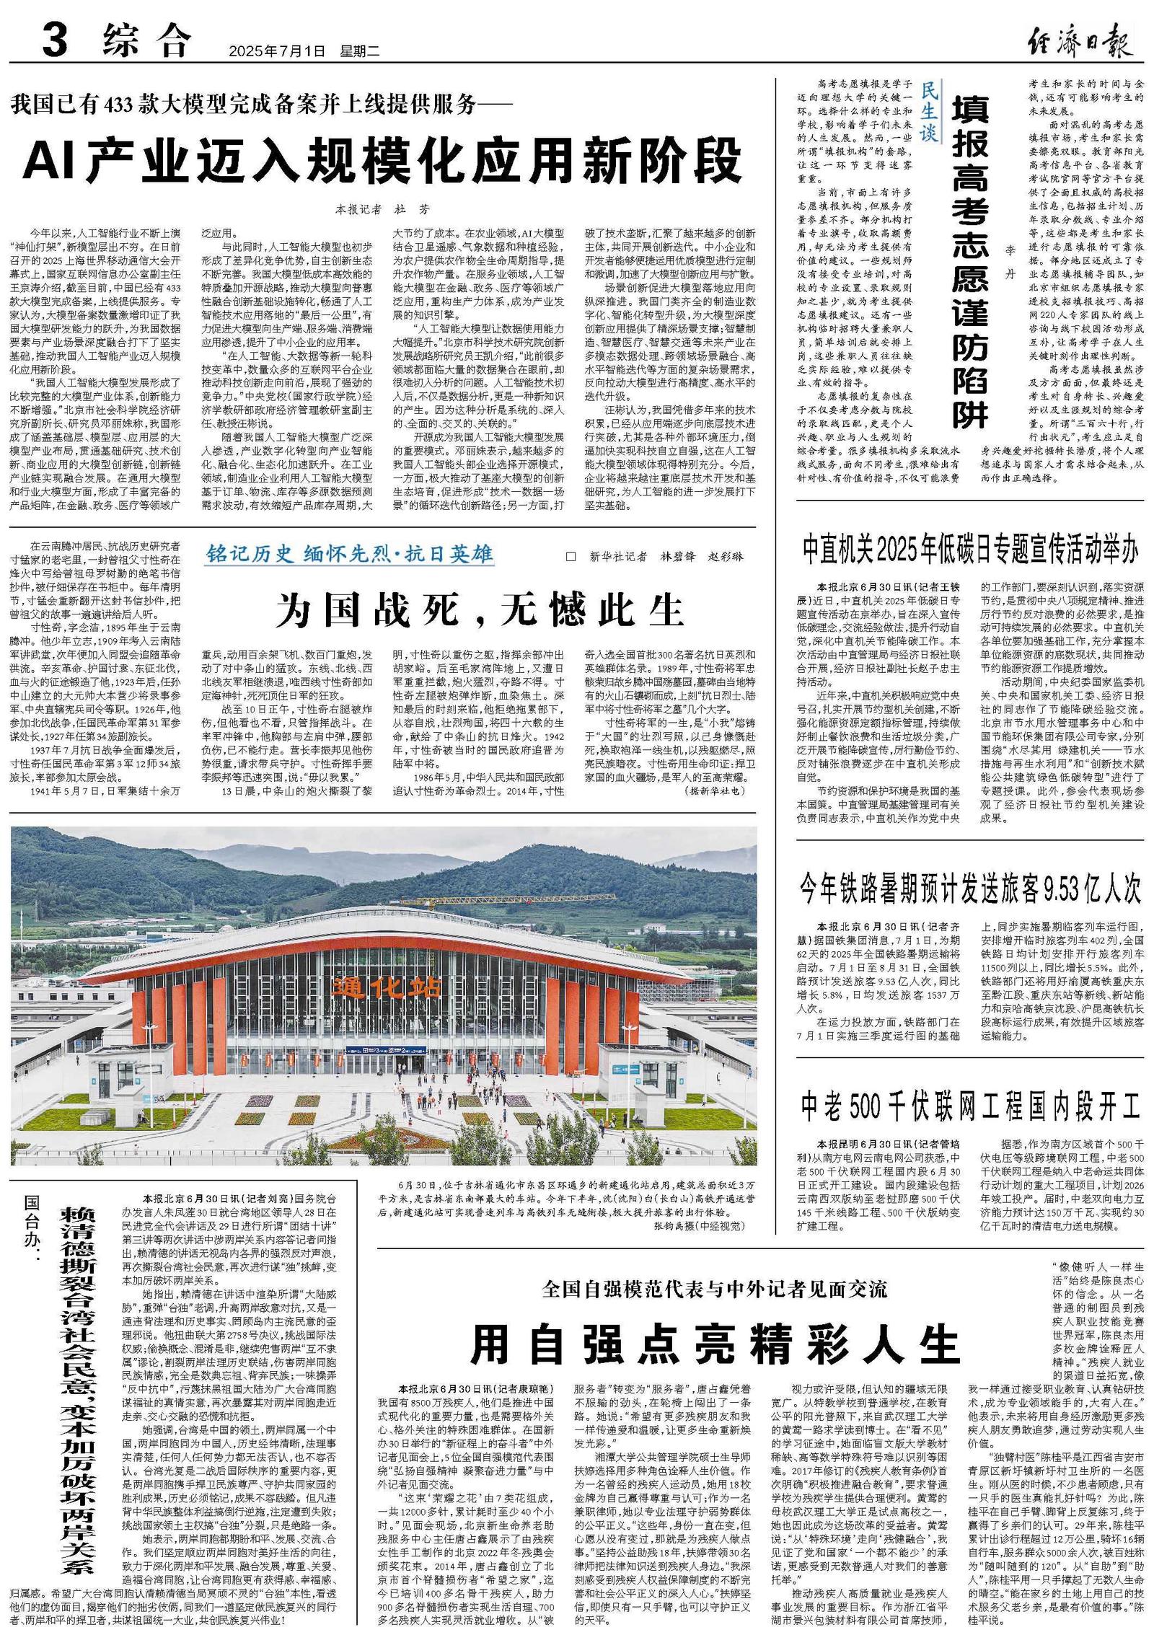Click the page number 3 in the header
(x=55, y=41)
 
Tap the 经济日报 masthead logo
(x=1079, y=40)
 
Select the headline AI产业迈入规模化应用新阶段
(x=383, y=162)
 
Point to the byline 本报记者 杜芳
(x=382, y=209)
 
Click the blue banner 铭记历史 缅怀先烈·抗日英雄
(x=350, y=555)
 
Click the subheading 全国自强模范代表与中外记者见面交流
(x=715, y=1290)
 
